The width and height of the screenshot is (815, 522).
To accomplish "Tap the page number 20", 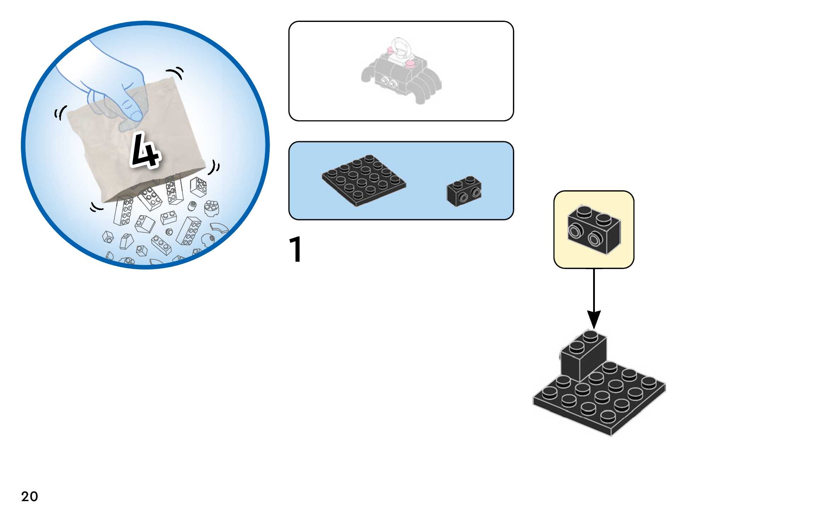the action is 30,496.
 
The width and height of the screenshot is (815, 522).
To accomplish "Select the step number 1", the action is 295,249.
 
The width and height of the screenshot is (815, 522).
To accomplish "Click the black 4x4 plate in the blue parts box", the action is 364,180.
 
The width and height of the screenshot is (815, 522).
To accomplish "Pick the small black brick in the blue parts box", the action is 464,191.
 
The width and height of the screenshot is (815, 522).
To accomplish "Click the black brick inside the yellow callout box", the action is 594,229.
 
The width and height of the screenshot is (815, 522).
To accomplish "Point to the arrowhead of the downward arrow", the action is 594,320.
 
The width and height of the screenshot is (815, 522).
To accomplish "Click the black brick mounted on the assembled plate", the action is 583,355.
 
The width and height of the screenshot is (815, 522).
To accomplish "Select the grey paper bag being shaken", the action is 136,141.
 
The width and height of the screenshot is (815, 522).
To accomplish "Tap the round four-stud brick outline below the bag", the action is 212,208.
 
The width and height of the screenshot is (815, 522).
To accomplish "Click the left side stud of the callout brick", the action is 574,231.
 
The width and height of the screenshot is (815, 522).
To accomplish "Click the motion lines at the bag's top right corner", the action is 176,72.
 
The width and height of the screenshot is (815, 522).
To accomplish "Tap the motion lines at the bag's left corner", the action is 60,113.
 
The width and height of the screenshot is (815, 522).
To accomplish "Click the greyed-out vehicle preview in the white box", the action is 401,71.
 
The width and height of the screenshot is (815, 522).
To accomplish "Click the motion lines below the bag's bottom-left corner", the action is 96,207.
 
